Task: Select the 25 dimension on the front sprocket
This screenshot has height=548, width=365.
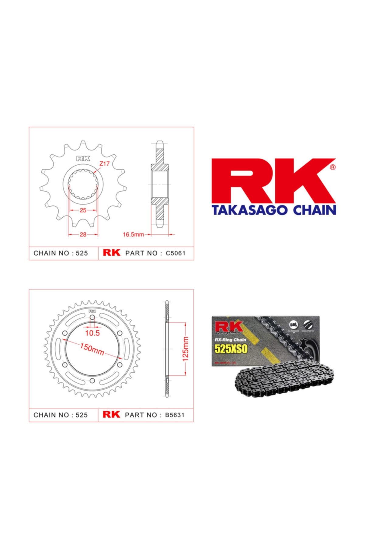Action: (x=83, y=210)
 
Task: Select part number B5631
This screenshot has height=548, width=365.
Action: (x=175, y=415)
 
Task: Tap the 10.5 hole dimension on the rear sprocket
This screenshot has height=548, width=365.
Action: (x=92, y=333)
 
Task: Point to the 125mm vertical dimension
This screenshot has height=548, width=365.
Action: (x=186, y=349)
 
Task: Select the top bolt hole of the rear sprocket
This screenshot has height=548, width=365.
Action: (x=84, y=318)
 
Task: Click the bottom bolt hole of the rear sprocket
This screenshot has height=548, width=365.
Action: (x=92, y=380)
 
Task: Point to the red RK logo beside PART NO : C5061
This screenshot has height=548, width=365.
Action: (x=112, y=253)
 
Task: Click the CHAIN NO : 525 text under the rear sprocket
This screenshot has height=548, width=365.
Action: (x=61, y=415)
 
